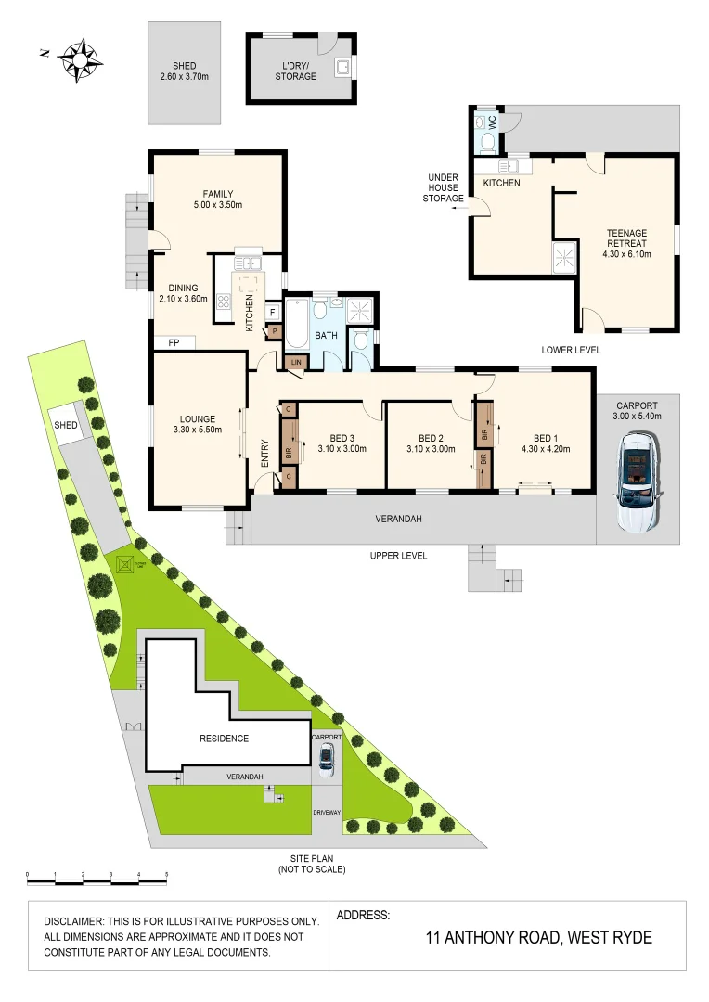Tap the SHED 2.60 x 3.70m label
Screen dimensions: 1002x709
185,71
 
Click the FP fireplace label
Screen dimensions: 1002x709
174,342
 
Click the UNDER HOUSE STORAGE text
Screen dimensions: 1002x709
443,187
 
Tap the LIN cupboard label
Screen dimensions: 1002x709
296,363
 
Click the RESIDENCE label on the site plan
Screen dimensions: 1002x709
224,739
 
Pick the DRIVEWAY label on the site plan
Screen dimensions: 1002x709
327,812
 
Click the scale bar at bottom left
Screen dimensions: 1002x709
97,875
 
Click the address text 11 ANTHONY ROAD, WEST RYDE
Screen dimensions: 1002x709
538,938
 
